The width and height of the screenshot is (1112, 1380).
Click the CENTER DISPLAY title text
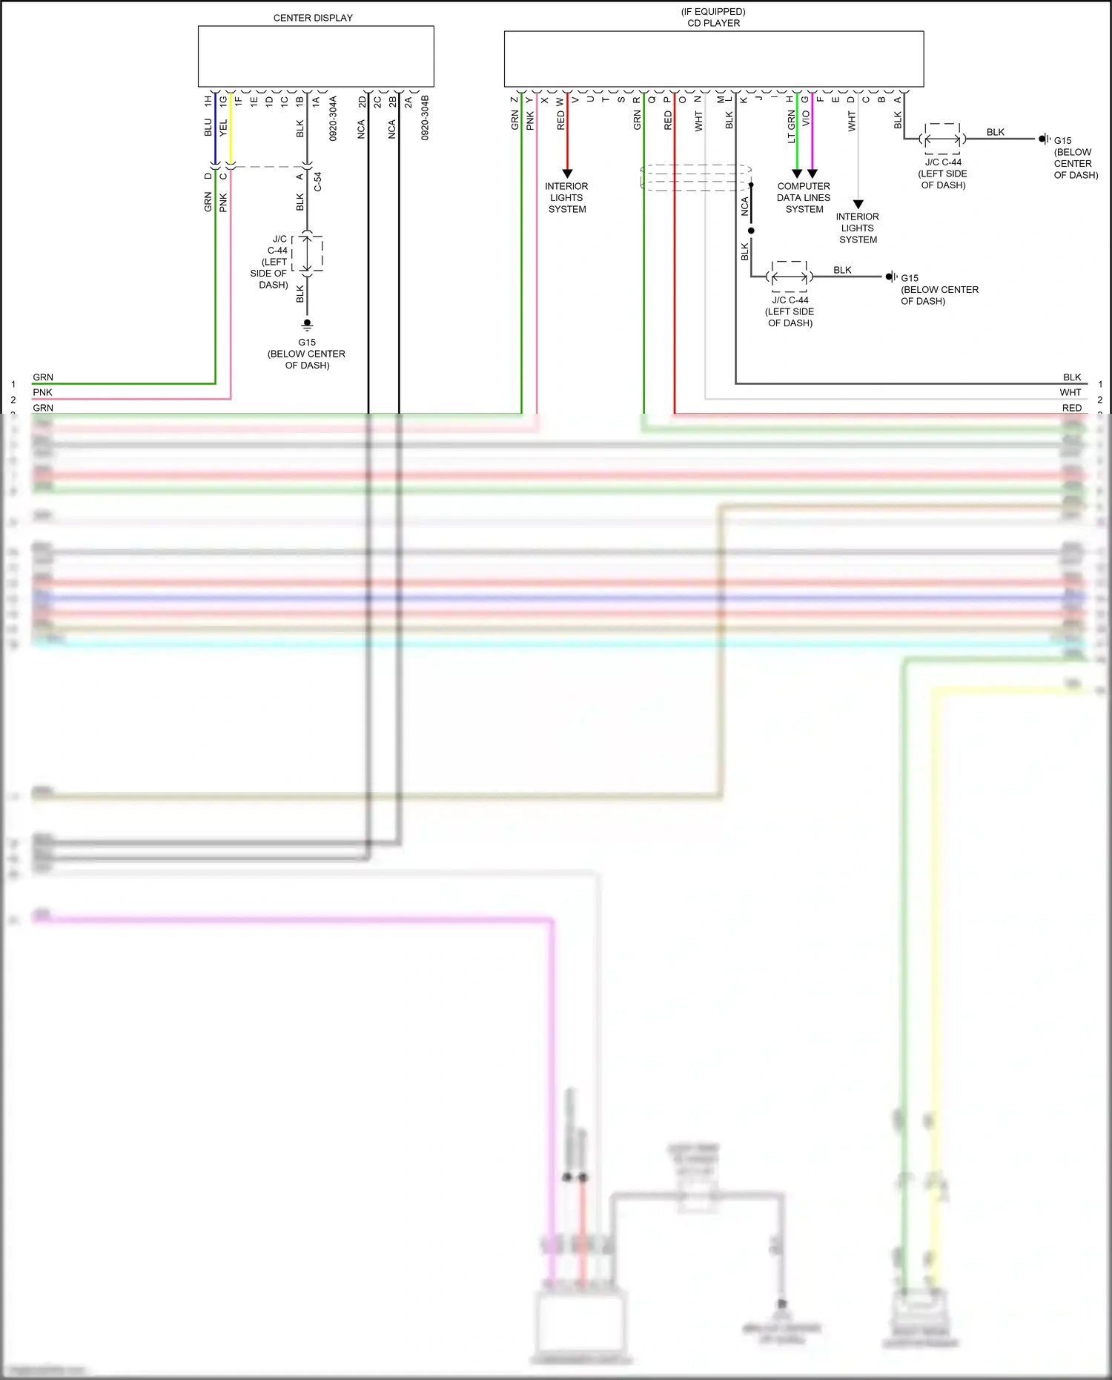click(x=313, y=18)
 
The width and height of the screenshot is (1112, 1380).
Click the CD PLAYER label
click(x=713, y=23)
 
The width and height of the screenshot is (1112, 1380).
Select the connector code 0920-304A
click(x=333, y=118)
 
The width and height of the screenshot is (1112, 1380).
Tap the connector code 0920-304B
click(x=425, y=118)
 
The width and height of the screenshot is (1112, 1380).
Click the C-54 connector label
click(x=318, y=182)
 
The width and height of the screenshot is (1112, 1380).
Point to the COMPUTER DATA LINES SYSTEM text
click(x=804, y=198)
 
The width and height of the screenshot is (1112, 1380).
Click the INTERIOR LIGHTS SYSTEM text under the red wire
click(x=566, y=198)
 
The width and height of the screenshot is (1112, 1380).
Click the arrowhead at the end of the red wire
click(x=567, y=174)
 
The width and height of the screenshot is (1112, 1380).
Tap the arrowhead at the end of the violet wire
click(x=813, y=174)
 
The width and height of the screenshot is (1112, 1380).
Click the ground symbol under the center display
click(x=307, y=324)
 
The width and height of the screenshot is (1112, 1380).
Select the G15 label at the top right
click(x=1062, y=140)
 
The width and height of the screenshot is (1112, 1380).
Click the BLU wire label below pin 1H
click(x=208, y=128)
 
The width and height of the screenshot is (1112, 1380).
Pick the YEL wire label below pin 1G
click(x=223, y=128)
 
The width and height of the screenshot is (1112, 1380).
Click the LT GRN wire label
click(x=791, y=127)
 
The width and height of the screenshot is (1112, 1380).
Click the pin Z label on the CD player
click(x=514, y=99)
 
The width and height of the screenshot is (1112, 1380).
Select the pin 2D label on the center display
click(x=362, y=102)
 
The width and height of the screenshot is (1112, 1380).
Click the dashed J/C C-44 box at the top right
click(x=943, y=139)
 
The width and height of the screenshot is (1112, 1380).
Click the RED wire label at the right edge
click(x=1071, y=408)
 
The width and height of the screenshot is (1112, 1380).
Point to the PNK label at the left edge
click(x=42, y=392)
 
